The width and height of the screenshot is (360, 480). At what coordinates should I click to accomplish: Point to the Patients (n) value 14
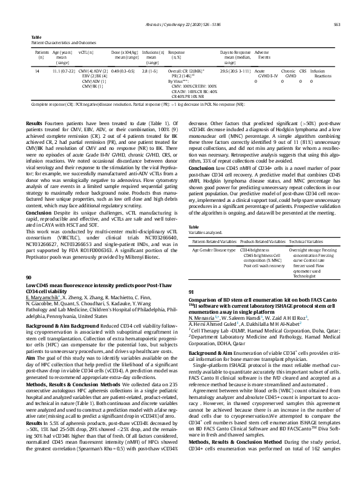[x=39, y=71]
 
